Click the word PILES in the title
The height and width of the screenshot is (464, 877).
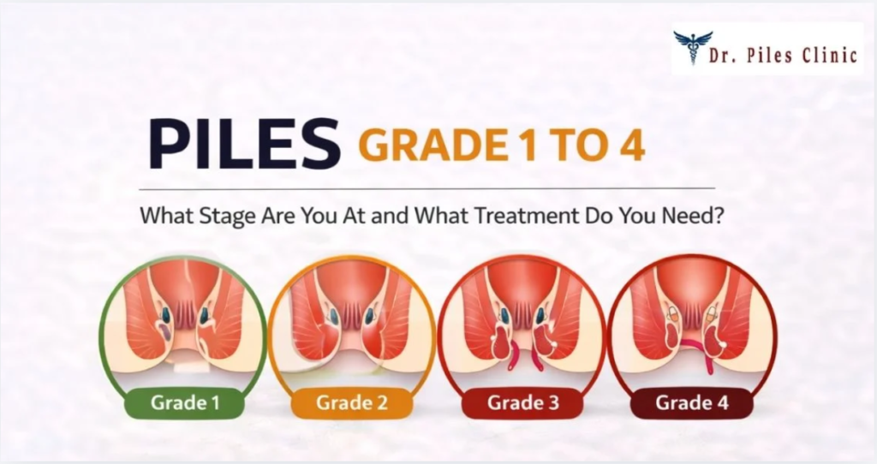[244, 143]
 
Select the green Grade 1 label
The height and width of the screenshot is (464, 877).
[185, 402]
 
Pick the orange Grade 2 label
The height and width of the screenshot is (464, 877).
[351, 402]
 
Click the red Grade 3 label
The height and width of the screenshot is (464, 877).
[523, 402]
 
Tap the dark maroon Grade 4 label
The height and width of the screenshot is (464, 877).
[692, 402]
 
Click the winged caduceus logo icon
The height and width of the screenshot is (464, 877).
[693, 47]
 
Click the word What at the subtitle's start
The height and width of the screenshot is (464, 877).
[167, 215]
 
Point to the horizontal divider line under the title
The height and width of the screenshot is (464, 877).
[427, 189]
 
